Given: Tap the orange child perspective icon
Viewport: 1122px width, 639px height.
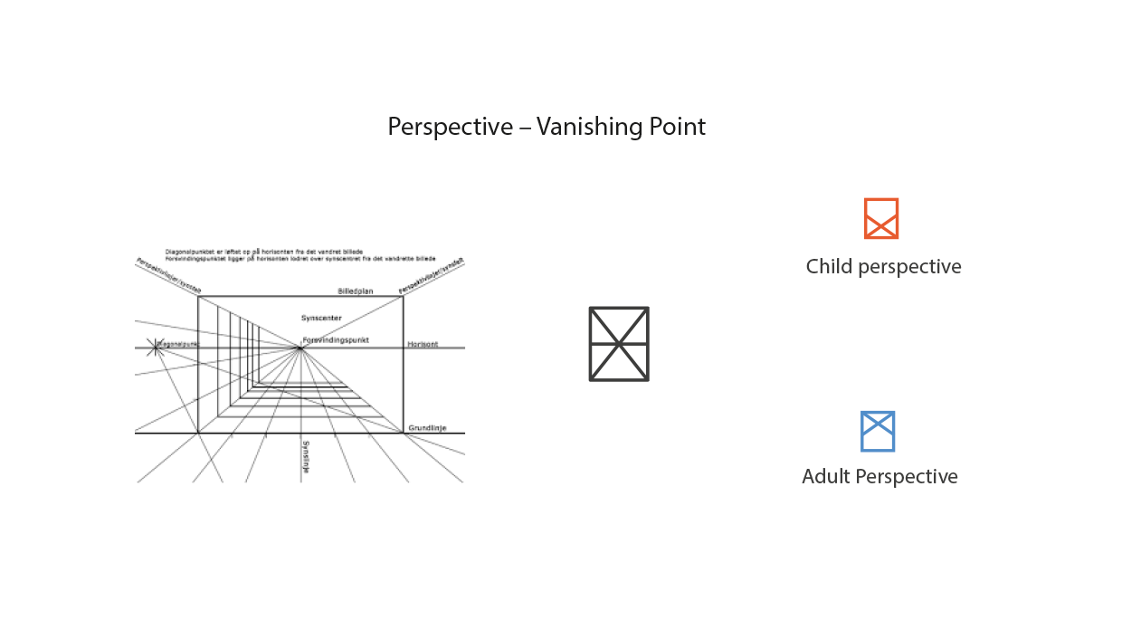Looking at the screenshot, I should pyautogui.click(x=880, y=218).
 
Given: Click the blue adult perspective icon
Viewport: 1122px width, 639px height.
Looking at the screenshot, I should pyautogui.click(x=877, y=431).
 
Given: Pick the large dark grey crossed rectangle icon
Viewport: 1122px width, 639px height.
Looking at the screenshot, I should pyautogui.click(x=619, y=344).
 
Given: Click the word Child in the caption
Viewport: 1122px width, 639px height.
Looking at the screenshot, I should pyautogui.click(x=829, y=267).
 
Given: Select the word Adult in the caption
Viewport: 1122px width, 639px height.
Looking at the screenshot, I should pyautogui.click(x=825, y=477).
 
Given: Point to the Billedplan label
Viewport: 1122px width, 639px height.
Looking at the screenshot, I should pyautogui.click(x=355, y=291).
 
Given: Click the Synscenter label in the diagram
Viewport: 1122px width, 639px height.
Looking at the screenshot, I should pyautogui.click(x=321, y=319).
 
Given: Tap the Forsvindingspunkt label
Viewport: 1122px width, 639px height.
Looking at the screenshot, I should pyautogui.click(x=336, y=340).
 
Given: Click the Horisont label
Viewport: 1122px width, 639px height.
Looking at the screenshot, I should pyautogui.click(x=423, y=345).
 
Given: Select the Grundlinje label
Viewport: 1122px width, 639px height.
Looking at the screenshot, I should pyautogui.click(x=423, y=428).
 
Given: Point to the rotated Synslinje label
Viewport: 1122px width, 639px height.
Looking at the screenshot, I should pyautogui.click(x=306, y=457).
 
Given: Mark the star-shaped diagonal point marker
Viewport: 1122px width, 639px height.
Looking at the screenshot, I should pyautogui.click(x=156, y=346).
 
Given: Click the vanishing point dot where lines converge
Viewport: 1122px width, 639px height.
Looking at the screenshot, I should pyautogui.click(x=300, y=348).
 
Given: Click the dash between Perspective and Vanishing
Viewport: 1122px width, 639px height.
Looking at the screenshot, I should pyautogui.click(x=525, y=127).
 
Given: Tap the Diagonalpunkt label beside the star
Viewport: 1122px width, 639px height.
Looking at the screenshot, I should pyautogui.click(x=178, y=344).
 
